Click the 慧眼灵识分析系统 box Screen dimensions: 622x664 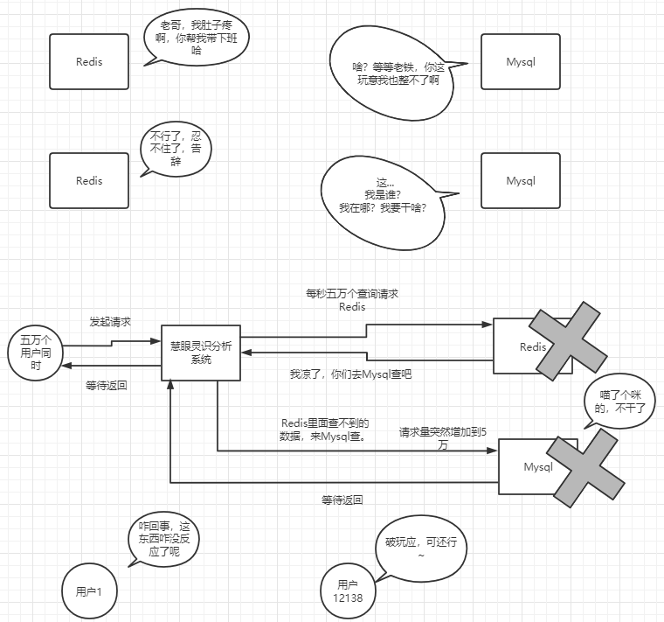201,353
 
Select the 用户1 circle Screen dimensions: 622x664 88,591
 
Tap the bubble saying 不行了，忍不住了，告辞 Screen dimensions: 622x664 176,149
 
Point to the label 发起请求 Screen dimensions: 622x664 110,322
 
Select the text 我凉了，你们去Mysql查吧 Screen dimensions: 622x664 350,374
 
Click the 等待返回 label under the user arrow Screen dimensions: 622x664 107,385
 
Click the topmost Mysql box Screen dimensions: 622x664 521,61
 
